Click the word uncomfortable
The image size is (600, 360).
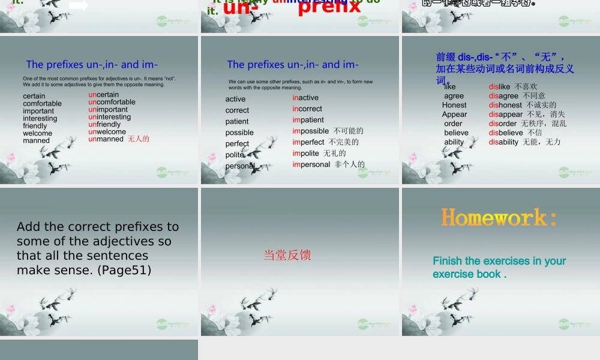tap(112, 102)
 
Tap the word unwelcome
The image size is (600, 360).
tap(107, 132)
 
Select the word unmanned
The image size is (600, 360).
tap(106, 139)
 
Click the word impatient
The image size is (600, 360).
tap(308, 120)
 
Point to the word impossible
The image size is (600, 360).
tap(311, 131)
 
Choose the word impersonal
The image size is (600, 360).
tap(311, 164)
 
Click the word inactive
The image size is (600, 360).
tap(305, 98)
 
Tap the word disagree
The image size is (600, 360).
tap(503, 96)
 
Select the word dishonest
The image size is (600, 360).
tap(505, 105)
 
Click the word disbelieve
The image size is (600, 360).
tap(506, 133)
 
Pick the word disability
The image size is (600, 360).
tap(503, 142)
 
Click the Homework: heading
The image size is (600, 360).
tap(499, 217)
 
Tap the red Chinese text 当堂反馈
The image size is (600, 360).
tap(287, 255)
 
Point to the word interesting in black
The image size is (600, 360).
tap(40, 118)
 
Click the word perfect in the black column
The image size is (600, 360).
tap(237, 144)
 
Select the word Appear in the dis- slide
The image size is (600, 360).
tap(454, 115)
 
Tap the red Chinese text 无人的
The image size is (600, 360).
tap(139, 139)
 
